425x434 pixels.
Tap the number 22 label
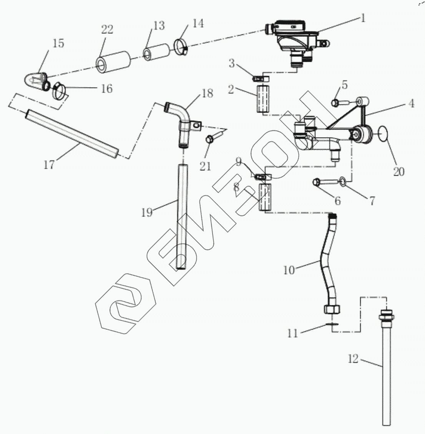click(107, 30)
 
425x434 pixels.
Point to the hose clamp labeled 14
click(180, 46)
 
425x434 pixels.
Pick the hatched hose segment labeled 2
click(263, 99)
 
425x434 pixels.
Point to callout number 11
click(293, 333)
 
